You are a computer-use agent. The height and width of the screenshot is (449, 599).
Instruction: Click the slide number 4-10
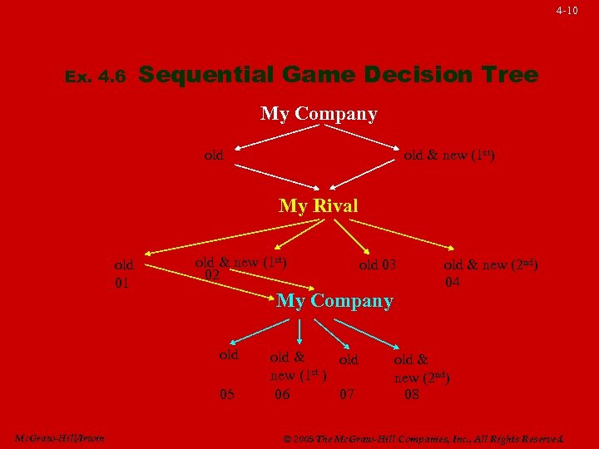click(x=567, y=11)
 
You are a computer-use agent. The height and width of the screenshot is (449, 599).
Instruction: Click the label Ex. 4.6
click(x=95, y=77)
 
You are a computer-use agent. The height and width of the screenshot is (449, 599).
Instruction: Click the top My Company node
click(x=319, y=113)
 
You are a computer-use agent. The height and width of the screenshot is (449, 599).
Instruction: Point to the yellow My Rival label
click(x=319, y=205)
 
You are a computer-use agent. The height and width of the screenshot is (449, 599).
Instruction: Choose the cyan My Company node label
click(x=334, y=301)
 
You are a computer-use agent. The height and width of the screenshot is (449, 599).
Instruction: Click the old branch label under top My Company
click(x=214, y=155)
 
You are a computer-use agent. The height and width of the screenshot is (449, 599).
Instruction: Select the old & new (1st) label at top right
click(x=449, y=155)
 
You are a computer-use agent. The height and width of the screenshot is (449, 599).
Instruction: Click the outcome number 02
click(x=212, y=275)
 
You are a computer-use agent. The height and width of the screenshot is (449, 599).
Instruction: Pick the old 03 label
click(x=378, y=265)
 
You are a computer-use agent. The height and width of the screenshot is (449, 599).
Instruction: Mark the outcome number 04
click(x=453, y=283)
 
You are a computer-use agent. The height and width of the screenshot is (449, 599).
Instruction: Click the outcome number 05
click(x=227, y=394)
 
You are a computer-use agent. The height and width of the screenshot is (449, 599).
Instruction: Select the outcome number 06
click(x=283, y=394)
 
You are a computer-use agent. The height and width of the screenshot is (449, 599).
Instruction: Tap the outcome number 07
click(x=349, y=394)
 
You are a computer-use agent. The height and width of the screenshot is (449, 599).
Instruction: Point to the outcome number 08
click(x=412, y=394)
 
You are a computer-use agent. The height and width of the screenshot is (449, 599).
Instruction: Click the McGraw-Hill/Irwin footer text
click(x=59, y=438)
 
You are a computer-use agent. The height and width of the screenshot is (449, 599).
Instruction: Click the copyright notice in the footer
click(x=424, y=438)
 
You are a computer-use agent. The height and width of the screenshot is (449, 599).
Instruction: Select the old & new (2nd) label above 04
click(x=491, y=265)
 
